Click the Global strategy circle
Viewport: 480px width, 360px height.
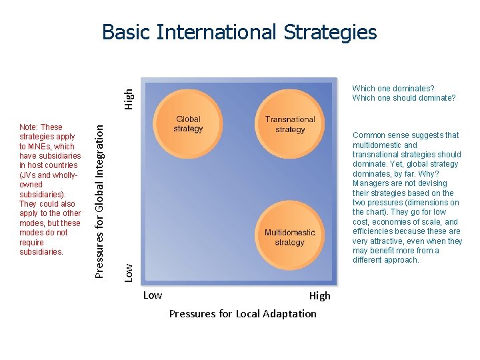pyautogui.click(x=188, y=124)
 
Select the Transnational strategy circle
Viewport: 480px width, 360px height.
pyautogui.click(x=289, y=124)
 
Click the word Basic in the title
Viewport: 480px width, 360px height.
pyautogui.click(x=123, y=33)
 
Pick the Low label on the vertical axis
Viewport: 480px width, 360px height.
pyautogui.click(x=131, y=270)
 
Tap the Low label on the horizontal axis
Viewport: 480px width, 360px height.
pyautogui.click(x=153, y=295)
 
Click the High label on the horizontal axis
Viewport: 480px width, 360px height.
pyautogui.click(x=319, y=296)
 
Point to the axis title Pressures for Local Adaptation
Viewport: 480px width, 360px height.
pyautogui.click(x=243, y=313)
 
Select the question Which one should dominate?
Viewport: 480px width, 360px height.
pyautogui.click(x=404, y=98)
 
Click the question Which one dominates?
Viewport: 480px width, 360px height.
pyautogui.click(x=393, y=88)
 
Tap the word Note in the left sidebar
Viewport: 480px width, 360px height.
pyautogui.click(x=29, y=127)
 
